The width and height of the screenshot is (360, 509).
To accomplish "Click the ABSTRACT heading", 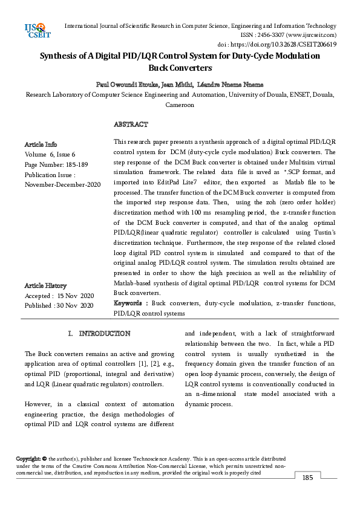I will point(131,124).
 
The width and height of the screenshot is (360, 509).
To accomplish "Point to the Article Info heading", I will point(41,144).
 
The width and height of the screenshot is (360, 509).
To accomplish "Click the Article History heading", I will point(45,285).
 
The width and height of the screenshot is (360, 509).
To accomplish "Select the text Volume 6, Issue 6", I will point(50,154).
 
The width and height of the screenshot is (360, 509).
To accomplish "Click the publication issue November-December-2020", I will point(62,184).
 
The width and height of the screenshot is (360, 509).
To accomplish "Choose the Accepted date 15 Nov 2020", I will point(59,296).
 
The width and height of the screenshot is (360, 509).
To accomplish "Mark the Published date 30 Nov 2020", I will point(59,306).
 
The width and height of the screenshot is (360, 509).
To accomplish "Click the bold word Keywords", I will point(130,302).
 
